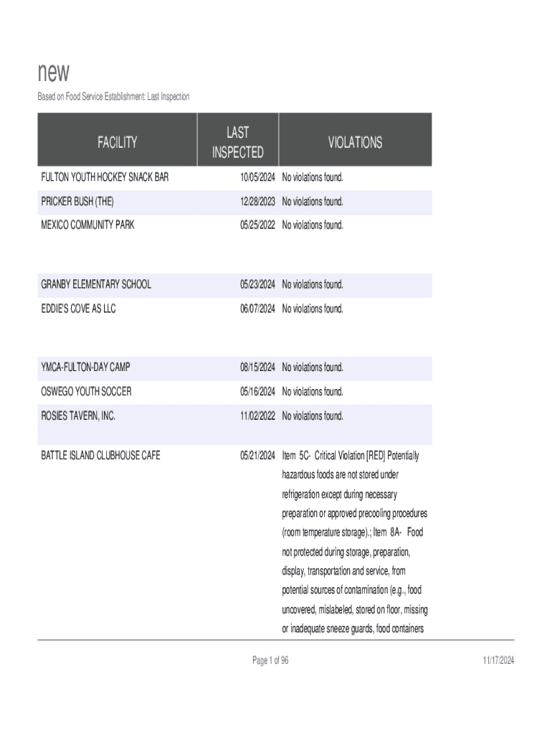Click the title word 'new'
54,73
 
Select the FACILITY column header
117,142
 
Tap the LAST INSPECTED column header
237,142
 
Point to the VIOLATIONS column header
355,142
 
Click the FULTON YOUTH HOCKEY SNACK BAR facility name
105,177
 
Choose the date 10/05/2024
257,177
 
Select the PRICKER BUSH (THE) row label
77,202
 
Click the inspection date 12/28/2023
257,202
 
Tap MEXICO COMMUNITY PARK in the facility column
87,225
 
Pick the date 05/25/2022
257,225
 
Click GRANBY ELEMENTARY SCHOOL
96,285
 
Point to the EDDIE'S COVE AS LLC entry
78,309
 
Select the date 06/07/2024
257,309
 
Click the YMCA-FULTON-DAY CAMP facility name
85,367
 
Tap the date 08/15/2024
257,367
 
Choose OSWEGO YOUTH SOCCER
86,392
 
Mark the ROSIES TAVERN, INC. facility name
78,416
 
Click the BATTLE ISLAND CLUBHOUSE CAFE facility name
100,456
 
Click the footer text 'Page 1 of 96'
270,660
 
